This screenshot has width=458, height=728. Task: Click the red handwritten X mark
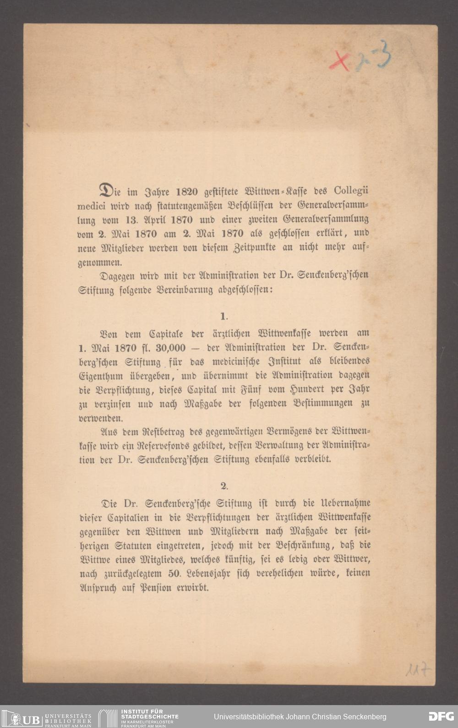[339, 61]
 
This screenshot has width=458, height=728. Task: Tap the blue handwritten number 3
[384, 54]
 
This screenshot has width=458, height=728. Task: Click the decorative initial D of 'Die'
[106, 190]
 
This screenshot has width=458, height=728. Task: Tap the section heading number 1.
[224, 316]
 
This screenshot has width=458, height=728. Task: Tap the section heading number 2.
[224, 486]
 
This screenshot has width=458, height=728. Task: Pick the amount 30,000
[169, 348]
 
